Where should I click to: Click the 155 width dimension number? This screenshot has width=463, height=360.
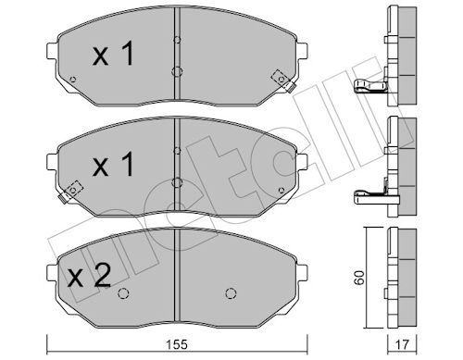click(177, 344)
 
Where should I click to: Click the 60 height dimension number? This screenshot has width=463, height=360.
click(359, 278)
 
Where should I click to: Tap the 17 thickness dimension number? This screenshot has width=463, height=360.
click(402, 344)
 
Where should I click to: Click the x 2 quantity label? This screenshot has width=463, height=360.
click(89, 276)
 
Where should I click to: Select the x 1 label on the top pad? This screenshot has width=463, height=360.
click(113, 54)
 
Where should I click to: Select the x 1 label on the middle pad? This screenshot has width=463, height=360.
click(113, 164)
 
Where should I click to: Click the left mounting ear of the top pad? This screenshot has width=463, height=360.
click(52, 51)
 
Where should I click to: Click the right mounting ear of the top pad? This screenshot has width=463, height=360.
click(303, 51)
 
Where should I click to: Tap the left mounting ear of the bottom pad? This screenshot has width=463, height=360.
click(52, 272)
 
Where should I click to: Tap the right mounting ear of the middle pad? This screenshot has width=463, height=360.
click(303, 161)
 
